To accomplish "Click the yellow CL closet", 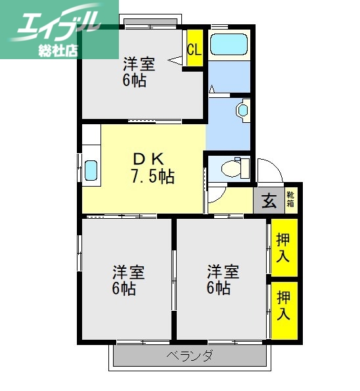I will coord(194,49).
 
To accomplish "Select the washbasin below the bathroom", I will coord(243,109).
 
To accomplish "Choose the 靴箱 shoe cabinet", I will coord(291,200).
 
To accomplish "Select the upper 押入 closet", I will coord(283,246).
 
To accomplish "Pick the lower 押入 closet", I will coord(283,306).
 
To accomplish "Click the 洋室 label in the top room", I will coord(139,64).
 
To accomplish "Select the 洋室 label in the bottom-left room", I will coord(128,271).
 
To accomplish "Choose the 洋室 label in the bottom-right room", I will coord(223,271).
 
